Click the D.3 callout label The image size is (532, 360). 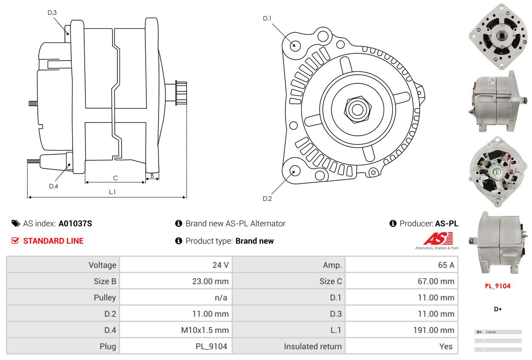click(52, 12)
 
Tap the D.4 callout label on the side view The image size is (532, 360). click(53, 186)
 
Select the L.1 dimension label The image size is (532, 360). click(112, 192)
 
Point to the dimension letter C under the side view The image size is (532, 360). click(116, 178)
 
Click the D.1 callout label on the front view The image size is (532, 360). click(267, 18)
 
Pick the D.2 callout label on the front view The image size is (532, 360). click(267, 198)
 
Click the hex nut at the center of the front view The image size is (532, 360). click(358, 110)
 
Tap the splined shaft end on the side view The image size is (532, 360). click(181, 93)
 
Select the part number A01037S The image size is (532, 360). click(75, 223)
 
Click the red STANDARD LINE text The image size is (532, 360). click(53, 241)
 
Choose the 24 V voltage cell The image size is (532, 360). click(220, 265)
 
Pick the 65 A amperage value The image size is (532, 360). click(446, 265)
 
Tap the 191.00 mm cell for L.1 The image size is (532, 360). click(434, 330)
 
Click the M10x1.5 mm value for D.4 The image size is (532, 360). click(205, 330)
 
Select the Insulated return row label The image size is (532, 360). click(313, 346)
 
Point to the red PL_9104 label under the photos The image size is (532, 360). click(498, 286)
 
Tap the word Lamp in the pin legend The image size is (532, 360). click(491, 332)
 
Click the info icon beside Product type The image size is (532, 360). click(179, 241)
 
